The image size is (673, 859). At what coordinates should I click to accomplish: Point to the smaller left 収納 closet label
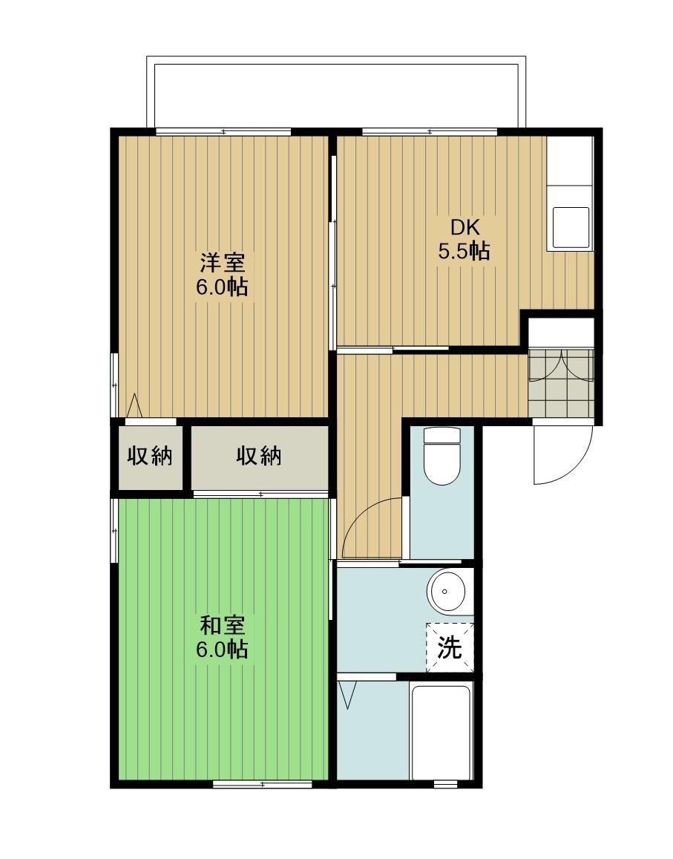(148, 456)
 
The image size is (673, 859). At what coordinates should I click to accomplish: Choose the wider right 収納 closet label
(259, 456)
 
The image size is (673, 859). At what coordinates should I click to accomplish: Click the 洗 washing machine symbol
(450, 647)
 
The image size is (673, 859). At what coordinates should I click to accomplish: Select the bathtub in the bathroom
(441, 731)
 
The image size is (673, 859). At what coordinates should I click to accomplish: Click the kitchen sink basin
(571, 227)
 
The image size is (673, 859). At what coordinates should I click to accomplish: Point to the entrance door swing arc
(562, 453)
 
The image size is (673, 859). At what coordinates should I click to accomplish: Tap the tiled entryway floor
(561, 383)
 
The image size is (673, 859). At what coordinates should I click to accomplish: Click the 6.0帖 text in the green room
(222, 650)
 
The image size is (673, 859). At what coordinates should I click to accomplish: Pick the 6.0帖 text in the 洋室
(222, 287)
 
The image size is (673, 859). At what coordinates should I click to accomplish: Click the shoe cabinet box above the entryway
(561, 333)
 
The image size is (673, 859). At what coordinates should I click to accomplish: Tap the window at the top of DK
(429, 132)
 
